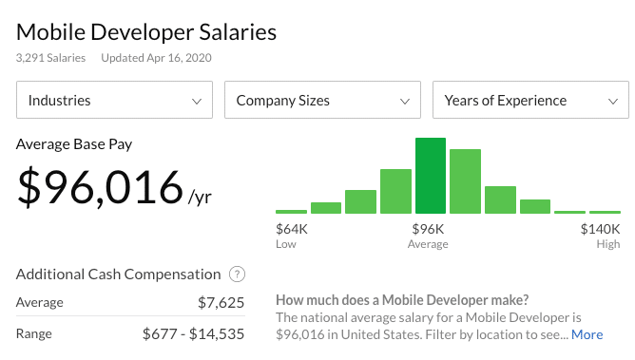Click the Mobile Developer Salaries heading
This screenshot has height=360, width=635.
click(146, 32)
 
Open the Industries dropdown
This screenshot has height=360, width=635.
click(115, 100)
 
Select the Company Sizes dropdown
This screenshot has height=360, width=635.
click(323, 100)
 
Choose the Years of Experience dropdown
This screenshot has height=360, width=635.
click(531, 100)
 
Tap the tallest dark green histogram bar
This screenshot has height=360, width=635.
click(431, 176)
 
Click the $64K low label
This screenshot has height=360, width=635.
click(292, 229)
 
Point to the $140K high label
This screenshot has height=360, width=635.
click(600, 229)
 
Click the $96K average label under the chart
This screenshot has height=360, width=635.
click(428, 229)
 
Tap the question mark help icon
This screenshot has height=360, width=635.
click(238, 275)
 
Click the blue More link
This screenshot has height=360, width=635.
click(587, 334)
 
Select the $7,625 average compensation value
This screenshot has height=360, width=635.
click(221, 303)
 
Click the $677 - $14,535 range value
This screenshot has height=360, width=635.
click(194, 334)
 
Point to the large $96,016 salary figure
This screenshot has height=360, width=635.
click(100, 187)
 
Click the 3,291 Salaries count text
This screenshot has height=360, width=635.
click(50, 58)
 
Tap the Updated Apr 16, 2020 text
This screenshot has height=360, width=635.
click(156, 58)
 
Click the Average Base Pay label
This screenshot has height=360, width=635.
click(74, 144)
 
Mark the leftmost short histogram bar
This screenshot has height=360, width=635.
click(291, 212)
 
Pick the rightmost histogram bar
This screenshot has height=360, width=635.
click(605, 212)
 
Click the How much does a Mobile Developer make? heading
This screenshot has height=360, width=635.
click(402, 300)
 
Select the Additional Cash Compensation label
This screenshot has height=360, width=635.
click(118, 275)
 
